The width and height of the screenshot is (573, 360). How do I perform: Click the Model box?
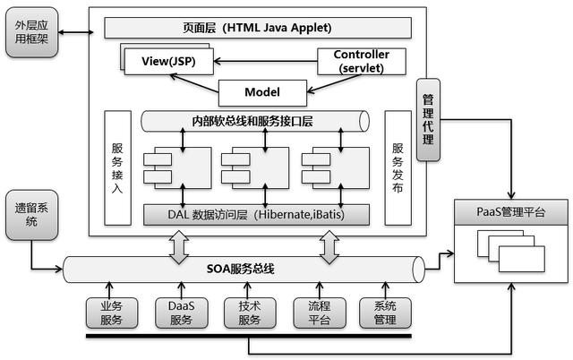click(x=261, y=91)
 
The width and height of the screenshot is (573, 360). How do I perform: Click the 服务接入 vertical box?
click(x=118, y=168)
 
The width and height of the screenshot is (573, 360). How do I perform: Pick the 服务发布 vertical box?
click(x=398, y=168)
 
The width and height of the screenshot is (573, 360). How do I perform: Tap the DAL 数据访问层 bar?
click(x=258, y=215)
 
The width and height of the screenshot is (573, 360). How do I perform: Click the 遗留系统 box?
click(x=32, y=215)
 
